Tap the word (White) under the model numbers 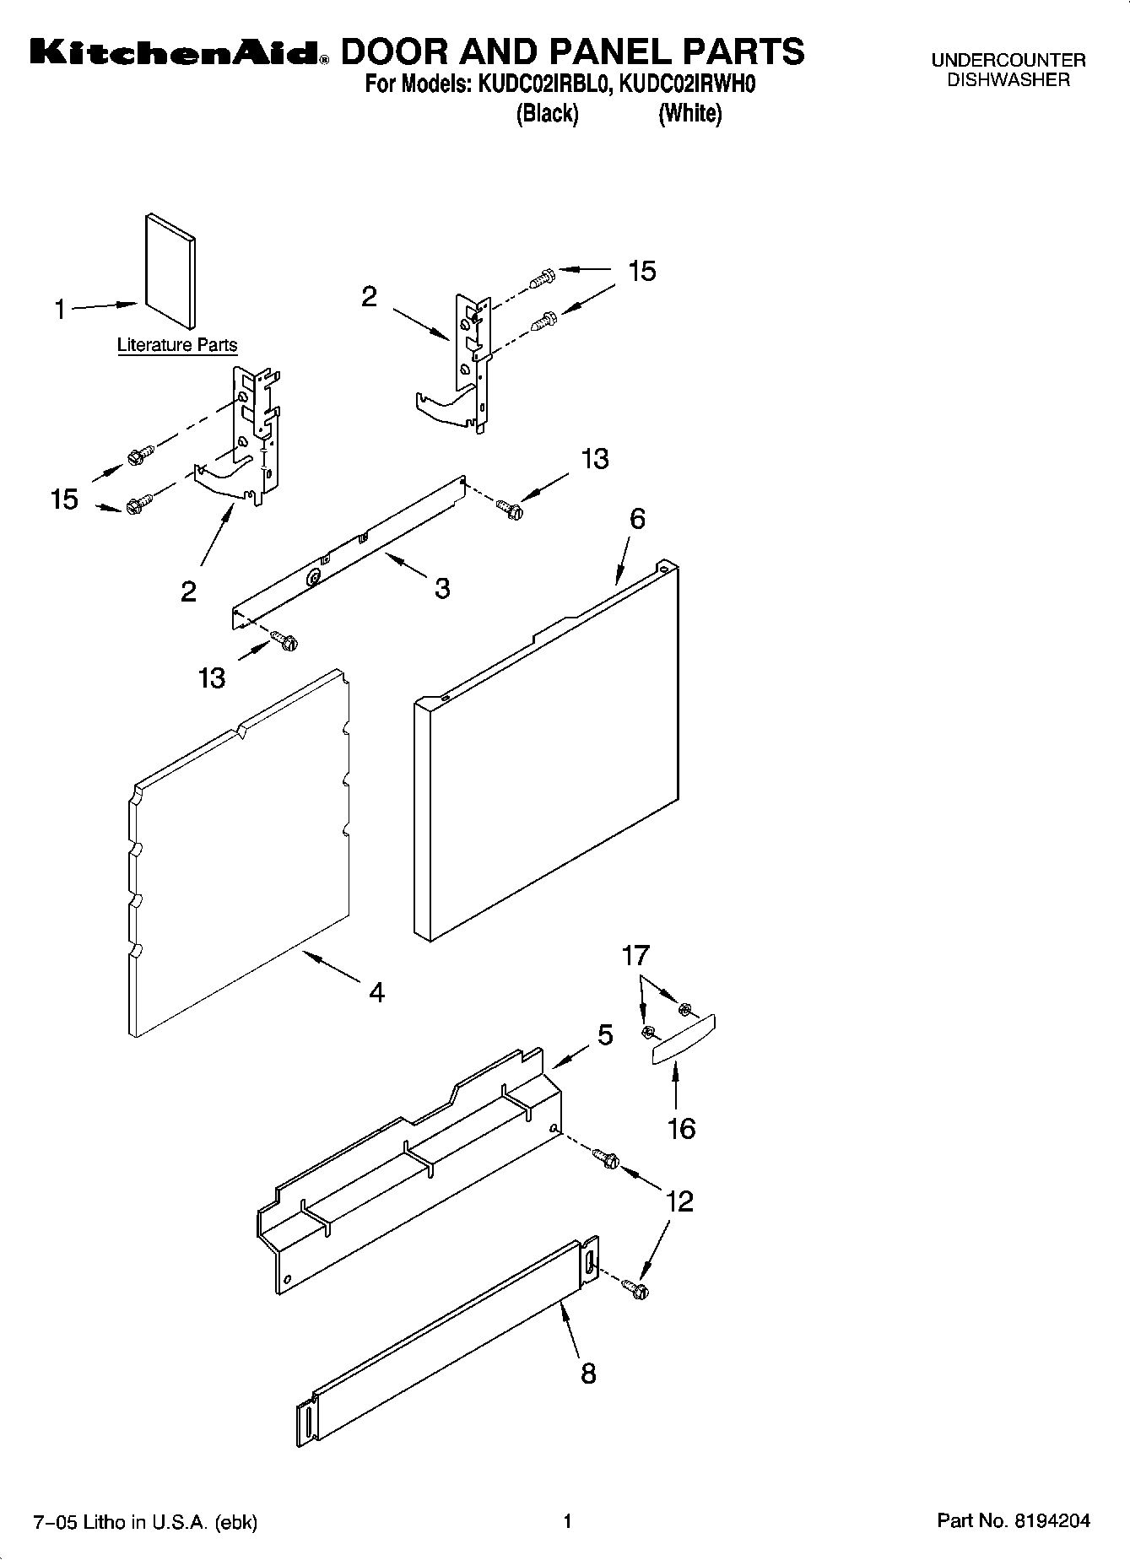[x=689, y=113]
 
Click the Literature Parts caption [x=177, y=345]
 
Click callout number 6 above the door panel [x=637, y=518]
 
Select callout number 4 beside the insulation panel [x=376, y=992]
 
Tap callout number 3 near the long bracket [x=442, y=588]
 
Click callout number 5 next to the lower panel [x=605, y=1034]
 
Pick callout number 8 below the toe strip [x=588, y=1374]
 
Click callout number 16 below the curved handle [x=681, y=1128]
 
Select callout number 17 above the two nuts [x=635, y=955]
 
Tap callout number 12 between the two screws [x=679, y=1201]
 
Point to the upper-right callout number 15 [x=641, y=271]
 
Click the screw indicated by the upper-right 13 [x=509, y=509]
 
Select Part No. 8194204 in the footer [x=1014, y=1521]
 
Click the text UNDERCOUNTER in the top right [x=1008, y=61]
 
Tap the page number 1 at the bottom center [x=567, y=1521]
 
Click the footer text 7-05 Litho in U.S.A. [x=143, y=1522]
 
